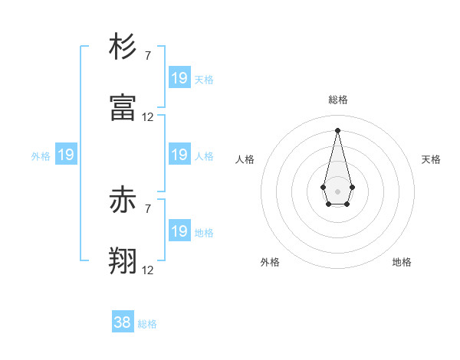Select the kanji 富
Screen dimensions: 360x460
coord(123,108)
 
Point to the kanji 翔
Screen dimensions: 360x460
coord(123,261)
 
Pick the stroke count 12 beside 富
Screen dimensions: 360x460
coord(148,117)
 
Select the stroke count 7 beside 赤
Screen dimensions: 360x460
coord(148,208)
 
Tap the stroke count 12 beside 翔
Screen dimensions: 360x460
coord(148,270)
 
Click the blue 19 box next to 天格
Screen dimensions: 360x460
coord(179,77)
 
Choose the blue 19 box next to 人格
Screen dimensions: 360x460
coord(179,155)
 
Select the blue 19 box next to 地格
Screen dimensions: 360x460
coord(179,231)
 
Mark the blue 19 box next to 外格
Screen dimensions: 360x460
coord(66,155)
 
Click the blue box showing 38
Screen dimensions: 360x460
coord(123,322)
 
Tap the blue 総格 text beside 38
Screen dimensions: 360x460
coord(147,324)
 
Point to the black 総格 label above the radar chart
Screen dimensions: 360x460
coord(338,100)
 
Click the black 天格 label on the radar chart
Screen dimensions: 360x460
coord(432,159)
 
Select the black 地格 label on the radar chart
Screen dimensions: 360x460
coord(402,262)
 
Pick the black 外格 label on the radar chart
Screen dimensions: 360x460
coord(270,262)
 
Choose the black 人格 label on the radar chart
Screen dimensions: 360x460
coord(245,159)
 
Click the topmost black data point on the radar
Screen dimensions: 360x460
coord(337,130)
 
